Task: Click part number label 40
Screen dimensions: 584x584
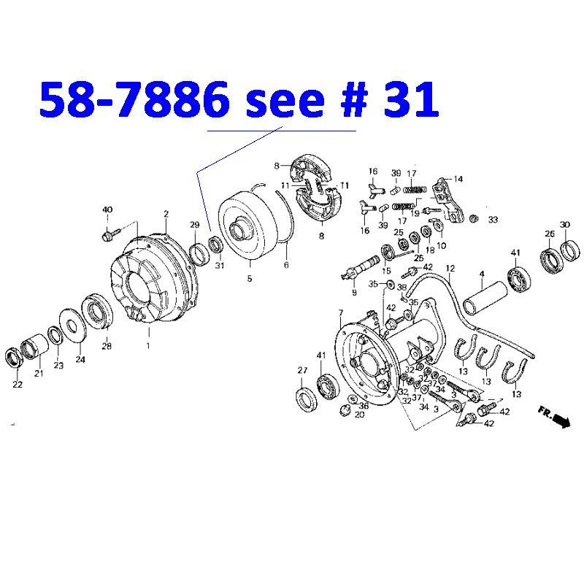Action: pos(107,210)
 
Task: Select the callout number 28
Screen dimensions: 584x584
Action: pos(107,346)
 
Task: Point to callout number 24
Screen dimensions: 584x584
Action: pos(80,359)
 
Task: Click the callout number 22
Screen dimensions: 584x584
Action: pos(17,385)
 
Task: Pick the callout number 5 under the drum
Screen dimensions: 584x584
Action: pos(249,278)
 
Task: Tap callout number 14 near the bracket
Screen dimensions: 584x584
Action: pos(458,179)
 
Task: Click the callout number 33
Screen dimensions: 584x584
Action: pos(493,219)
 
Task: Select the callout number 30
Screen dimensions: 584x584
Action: pos(565,224)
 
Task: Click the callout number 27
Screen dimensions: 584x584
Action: pos(302,371)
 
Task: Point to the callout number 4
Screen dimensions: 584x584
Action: pos(482,274)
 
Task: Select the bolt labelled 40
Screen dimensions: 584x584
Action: pos(107,235)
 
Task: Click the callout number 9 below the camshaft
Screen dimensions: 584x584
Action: pos(354,293)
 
